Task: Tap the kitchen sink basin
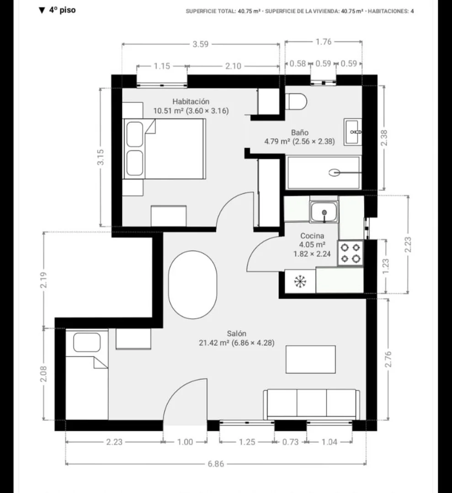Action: tap(324, 212)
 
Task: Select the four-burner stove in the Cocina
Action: tap(351, 253)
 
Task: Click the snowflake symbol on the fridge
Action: tap(300, 281)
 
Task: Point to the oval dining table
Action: tap(192, 285)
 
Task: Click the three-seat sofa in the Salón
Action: tap(312, 404)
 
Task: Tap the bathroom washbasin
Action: tap(353, 132)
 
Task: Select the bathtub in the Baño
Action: tap(324, 173)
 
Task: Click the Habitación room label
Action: tap(191, 101)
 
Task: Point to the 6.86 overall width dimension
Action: tap(216, 464)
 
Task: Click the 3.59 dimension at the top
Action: tap(200, 44)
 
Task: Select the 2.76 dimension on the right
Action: tap(388, 359)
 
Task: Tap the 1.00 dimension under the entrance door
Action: tap(185, 442)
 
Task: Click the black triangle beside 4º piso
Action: tap(42, 11)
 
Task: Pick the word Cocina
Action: tap(312, 235)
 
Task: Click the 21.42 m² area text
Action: tap(214, 343)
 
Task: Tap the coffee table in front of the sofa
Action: tap(310, 360)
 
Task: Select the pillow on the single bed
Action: tap(87, 342)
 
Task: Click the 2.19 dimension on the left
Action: tap(43, 280)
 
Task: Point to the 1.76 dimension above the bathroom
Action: tap(324, 42)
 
